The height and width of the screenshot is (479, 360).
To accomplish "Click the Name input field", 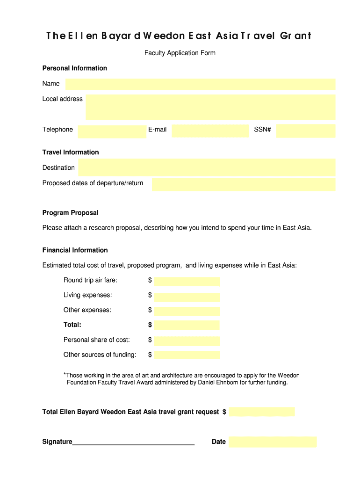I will (200, 84).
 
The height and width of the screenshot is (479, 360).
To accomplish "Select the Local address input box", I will (210, 107).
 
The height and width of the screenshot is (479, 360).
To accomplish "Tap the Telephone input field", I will (112, 131).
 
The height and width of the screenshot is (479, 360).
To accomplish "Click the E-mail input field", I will (210, 131).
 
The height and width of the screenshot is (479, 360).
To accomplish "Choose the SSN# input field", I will (305, 131).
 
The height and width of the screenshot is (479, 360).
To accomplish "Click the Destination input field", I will (207, 167).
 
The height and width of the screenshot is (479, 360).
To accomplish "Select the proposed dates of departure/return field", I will (244, 184).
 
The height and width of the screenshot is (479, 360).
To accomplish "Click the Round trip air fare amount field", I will (187, 281).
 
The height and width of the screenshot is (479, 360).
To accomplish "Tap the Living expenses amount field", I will (187, 297).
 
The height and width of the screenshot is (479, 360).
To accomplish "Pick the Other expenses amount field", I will (187, 311).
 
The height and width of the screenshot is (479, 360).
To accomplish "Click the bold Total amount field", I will (187, 325).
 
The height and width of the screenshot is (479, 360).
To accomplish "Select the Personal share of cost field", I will (187, 341).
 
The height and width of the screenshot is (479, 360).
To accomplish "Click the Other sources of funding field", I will (187, 355).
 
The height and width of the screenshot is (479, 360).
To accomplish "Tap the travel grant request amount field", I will (262, 412).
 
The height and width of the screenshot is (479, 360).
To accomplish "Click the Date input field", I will (273, 442).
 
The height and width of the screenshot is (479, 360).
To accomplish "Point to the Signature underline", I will (133, 443).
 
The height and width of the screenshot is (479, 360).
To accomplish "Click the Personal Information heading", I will (75, 68).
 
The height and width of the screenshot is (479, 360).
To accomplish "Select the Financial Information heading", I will (75, 250).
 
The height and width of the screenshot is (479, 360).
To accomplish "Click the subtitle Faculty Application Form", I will (180, 53).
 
